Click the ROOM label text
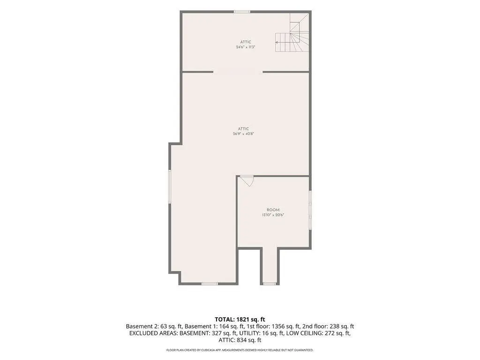click(x=273, y=210)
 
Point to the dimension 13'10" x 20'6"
click(x=273, y=215)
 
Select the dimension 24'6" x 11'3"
click(x=246, y=47)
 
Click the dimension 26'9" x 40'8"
click(x=243, y=134)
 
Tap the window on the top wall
click(x=242, y=12)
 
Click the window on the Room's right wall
click(x=310, y=210)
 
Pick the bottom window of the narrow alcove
click(x=270, y=284)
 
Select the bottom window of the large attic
click(x=210, y=284)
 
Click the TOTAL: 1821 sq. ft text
click(x=240, y=320)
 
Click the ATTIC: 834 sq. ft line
click(x=240, y=340)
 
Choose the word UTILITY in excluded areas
click(x=249, y=333)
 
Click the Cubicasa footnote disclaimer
click(x=240, y=350)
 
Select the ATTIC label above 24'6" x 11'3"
click(x=246, y=42)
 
